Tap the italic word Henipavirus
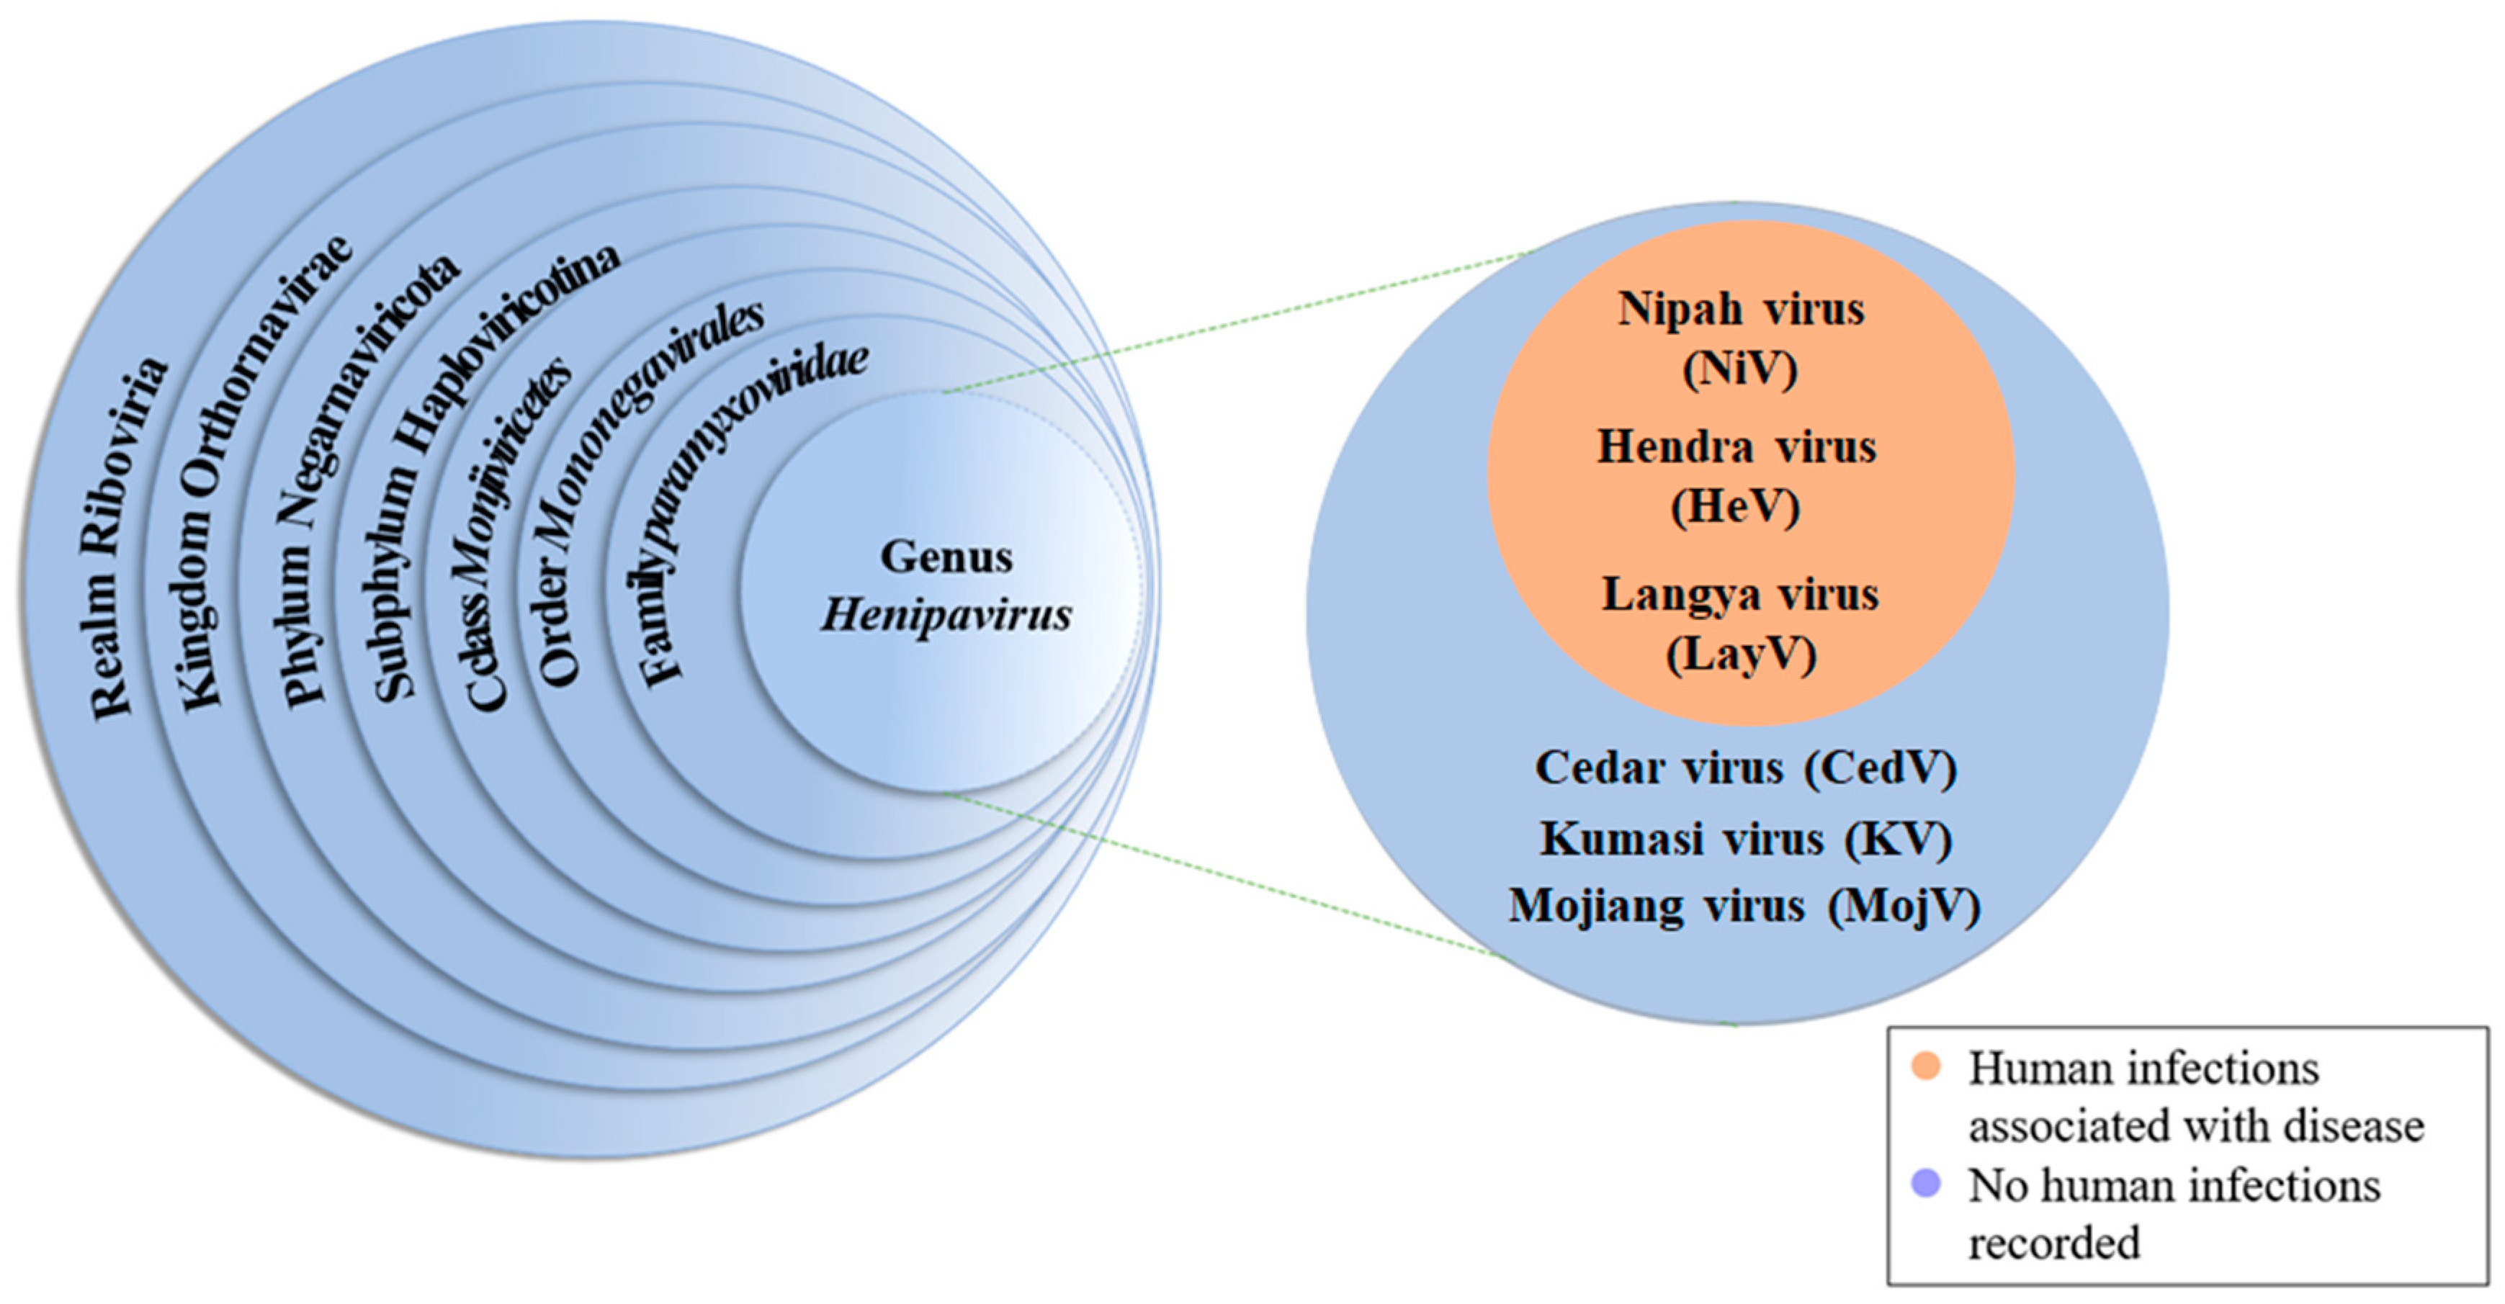[x=946, y=615]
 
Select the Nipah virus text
[x=1741, y=309]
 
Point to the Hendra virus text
[x=1737, y=447]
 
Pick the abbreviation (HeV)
[x=1736, y=505]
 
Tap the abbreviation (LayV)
[x=1741, y=654]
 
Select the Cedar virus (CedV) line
[x=1746, y=768]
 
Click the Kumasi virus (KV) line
[x=1746, y=839]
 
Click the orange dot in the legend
[x=1925, y=1066]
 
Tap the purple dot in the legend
[x=1925, y=1184]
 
